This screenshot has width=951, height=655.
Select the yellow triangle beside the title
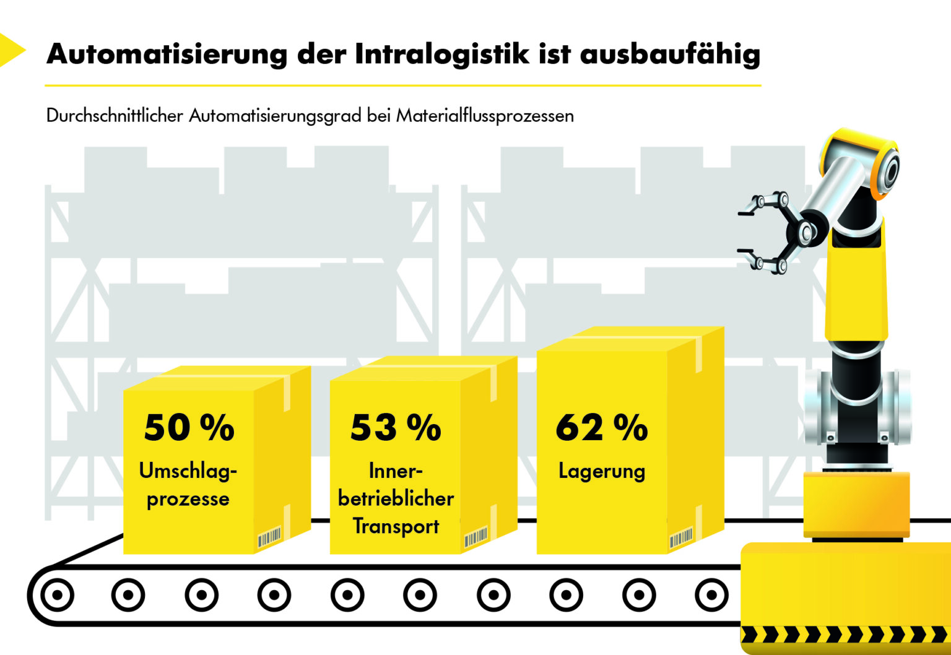tap(11, 50)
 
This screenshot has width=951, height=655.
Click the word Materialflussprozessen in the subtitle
tap(485, 116)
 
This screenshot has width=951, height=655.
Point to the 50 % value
tap(189, 427)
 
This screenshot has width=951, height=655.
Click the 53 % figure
tap(396, 427)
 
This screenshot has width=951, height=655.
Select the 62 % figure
tap(601, 427)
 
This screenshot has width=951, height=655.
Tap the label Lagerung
tap(601, 472)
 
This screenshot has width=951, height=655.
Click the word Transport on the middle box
tap(396, 526)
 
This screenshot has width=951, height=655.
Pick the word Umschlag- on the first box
tap(188, 471)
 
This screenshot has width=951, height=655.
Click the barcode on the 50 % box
tap(269, 537)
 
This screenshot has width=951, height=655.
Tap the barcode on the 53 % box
tap(475, 537)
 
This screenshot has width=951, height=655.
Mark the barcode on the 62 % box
tap(681, 538)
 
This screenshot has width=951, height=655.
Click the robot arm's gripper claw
tap(765, 232)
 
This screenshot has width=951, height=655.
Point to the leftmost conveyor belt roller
tap(57, 596)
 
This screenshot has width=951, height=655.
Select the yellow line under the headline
tap(402, 85)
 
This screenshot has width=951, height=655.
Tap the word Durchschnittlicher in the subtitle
tap(115, 116)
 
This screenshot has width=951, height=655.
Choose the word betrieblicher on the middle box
tap(396, 499)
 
